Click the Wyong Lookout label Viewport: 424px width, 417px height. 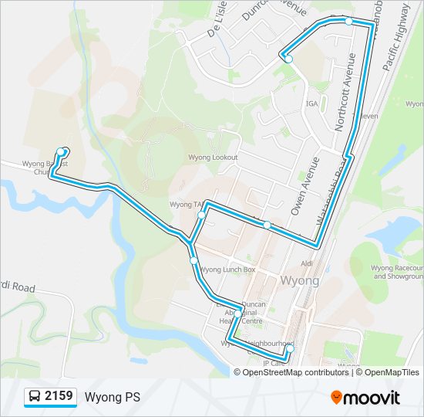pyautogui.click(x=213, y=158)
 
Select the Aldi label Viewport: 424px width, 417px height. pyautogui.click(x=308, y=263)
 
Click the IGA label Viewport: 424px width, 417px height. pyautogui.click(x=311, y=103)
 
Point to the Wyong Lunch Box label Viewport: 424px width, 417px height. pyautogui.click(x=227, y=270)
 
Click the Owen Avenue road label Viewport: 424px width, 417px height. pyautogui.click(x=303, y=185)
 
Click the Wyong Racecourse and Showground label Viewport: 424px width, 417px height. pyautogui.click(x=397, y=272)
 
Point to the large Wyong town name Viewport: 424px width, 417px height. pyautogui.click(x=300, y=280)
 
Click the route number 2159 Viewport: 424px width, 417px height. pyautogui.click(x=59, y=397)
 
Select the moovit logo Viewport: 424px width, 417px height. pyautogui.click(x=365, y=397)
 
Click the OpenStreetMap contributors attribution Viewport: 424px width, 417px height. pyautogui.click(x=295, y=372)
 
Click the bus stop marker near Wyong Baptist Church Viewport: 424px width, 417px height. pyautogui.click(x=62, y=151)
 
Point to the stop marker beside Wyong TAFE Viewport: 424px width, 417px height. pyautogui.click(x=200, y=215)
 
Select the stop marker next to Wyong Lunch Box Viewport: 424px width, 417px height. pyautogui.click(x=194, y=262)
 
